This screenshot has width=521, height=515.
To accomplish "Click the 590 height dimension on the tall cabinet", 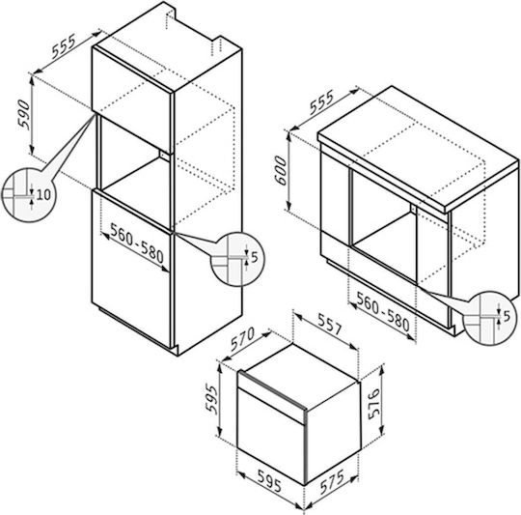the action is (x=24, y=114).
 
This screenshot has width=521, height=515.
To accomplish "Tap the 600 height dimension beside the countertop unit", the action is (x=280, y=170).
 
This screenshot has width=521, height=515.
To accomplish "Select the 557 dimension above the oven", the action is (x=330, y=324).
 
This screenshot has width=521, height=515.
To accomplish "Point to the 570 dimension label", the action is (x=242, y=339).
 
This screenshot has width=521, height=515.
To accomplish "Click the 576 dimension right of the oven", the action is (x=373, y=404).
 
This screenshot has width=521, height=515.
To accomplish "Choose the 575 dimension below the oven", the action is (x=332, y=482).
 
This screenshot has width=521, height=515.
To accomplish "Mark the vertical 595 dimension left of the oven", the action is (x=211, y=398).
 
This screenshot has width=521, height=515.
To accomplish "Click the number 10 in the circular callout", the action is (x=43, y=194).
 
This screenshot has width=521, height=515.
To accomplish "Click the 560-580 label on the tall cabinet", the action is (x=137, y=243).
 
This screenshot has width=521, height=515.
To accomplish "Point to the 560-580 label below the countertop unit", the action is (x=383, y=311).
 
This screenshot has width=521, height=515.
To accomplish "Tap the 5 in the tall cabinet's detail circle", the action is (x=254, y=257).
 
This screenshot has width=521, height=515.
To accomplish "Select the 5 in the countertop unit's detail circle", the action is (x=507, y=317).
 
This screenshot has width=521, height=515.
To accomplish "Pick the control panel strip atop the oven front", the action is (x=271, y=396).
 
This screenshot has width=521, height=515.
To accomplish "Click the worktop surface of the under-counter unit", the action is (x=419, y=146).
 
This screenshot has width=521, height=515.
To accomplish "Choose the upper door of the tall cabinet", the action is (x=132, y=100).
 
